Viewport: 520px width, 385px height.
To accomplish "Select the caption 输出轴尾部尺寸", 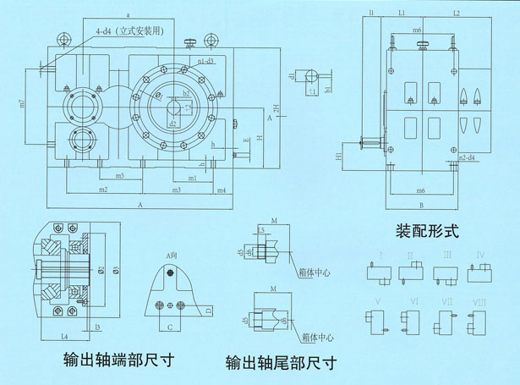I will pyautogui.click(x=281, y=364).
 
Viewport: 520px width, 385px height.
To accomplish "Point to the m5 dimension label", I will pyautogui.click(x=120, y=176).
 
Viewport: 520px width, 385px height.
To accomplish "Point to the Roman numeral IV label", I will pyautogui.click(x=479, y=254).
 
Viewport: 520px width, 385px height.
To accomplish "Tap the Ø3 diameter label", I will pyautogui.click(x=115, y=270).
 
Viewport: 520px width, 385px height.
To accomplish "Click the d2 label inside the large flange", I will pyautogui.click(x=172, y=124).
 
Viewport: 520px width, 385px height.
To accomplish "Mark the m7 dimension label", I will pyautogui.click(x=23, y=105).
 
